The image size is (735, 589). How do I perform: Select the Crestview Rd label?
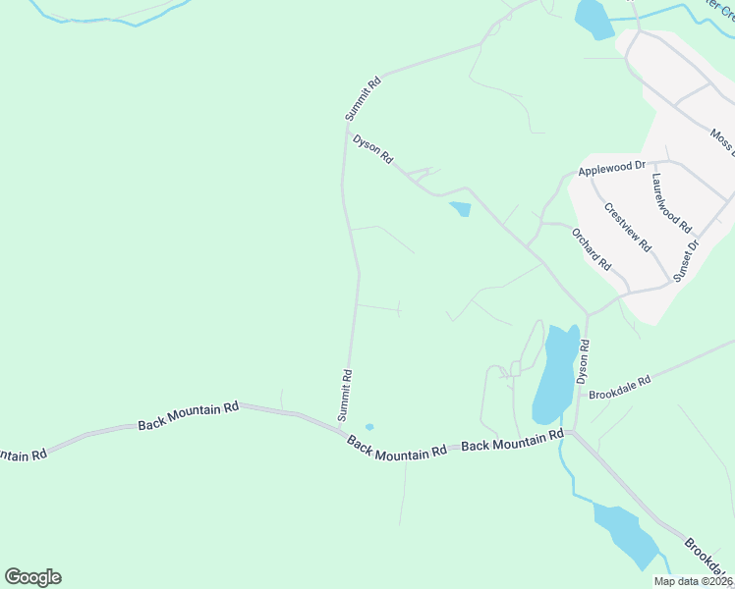point(628,228)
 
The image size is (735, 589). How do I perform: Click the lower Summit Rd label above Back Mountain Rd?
point(345,395)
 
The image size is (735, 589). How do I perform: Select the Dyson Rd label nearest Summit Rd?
point(373,149)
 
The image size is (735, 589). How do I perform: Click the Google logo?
point(32,577)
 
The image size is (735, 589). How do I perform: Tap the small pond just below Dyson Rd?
point(460,208)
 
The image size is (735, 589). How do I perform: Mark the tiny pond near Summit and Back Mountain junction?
point(369,427)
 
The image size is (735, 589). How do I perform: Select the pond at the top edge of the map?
point(593,18)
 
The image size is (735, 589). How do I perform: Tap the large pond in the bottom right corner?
point(626,535)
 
